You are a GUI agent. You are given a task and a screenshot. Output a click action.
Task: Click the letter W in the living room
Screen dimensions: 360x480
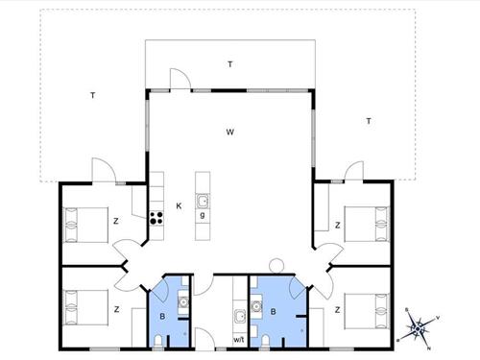(x=230, y=132)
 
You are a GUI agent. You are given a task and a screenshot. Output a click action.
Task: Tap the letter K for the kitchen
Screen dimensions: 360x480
(x=179, y=205)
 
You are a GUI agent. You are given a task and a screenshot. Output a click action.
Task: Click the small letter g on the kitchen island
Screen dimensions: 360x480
(x=203, y=215)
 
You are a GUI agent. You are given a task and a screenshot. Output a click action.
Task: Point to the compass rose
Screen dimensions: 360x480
(x=418, y=328)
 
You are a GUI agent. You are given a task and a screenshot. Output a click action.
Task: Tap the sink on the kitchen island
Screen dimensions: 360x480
(x=203, y=200)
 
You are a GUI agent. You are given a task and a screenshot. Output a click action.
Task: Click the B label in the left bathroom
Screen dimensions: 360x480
(x=162, y=313)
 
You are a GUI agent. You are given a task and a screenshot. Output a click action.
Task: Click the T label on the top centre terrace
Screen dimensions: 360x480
(x=230, y=64)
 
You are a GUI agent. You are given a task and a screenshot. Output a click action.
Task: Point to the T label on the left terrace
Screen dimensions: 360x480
(x=92, y=95)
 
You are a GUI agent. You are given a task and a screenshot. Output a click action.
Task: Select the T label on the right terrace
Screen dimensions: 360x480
(x=368, y=120)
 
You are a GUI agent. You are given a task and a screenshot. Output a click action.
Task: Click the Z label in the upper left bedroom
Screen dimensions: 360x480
(x=116, y=222)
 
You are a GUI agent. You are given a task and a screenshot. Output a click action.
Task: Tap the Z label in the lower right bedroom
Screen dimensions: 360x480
(x=338, y=310)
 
